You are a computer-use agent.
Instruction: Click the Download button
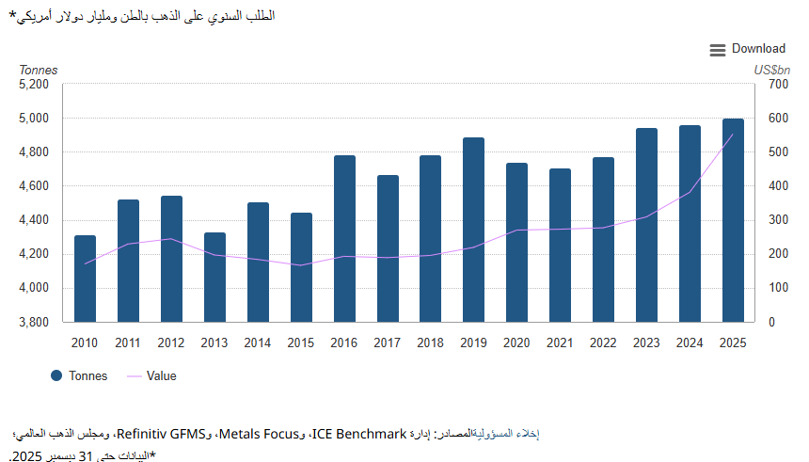tap(748, 49)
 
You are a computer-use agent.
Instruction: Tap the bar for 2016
tap(344, 239)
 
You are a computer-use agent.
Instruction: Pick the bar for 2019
tap(473, 230)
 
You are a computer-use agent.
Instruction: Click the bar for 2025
tap(733, 220)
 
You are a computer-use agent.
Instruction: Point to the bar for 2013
tap(214, 277)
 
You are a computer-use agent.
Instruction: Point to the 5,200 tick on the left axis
tap(34, 85)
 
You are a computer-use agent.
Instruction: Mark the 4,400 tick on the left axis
tap(34, 220)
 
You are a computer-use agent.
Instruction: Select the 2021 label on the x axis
tap(560, 343)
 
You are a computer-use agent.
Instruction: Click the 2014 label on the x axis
tap(258, 343)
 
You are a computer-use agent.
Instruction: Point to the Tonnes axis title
tap(39, 70)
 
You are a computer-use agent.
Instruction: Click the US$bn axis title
tap(771, 70)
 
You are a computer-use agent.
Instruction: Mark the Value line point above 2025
tap(733, 135)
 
